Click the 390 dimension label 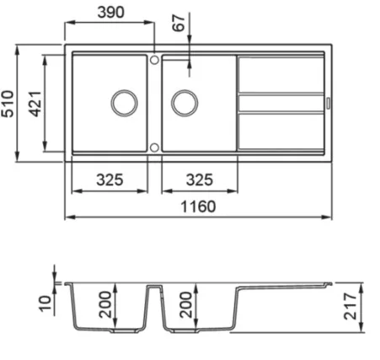pyautogui.click(x=110, y=13)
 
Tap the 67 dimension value pyautogui.click(x=179, y=23)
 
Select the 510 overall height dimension pyautogui.click(x=8, y=104)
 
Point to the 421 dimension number pyautogui.click(x=35, y=104)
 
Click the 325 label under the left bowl pyautogui.click(x=110, y=180)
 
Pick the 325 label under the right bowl pyautogui.click(x=200, y=180)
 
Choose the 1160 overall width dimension pyautogui.click(x=198, y=207)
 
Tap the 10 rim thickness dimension pyautogui.click(x=45, y=304)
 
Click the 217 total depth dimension pyautogui.click(x=351, y=306)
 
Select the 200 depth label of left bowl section pyautogui.click(x=105, y=304)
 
